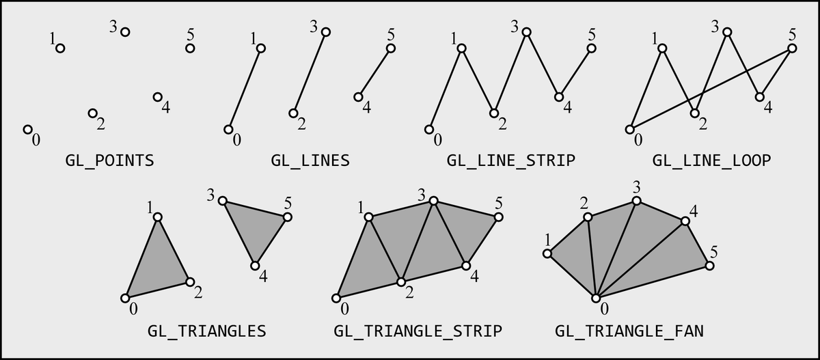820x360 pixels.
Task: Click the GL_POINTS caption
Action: (x=109, y=161)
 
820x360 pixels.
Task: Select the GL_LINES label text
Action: (x=310, y=161)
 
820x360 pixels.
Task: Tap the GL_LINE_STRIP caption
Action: (x=511, y=161)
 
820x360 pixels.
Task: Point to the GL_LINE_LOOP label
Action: (x=711, y=161)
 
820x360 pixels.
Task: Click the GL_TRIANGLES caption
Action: (x=206, y=331)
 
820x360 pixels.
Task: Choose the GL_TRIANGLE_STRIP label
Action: (x=418, y=331)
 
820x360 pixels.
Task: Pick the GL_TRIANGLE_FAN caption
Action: (x=629, y=331)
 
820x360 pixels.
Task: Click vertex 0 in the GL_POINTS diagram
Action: (x=28, y=129)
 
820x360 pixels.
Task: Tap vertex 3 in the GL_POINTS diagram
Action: (x=125, y=31)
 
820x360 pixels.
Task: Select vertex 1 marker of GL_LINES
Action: (x=260, y=48)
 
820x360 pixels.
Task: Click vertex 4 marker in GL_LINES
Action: (x=358, y=97)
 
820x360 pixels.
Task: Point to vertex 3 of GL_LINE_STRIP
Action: (x=526, y=31)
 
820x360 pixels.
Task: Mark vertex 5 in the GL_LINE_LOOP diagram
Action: (x=792, y=48)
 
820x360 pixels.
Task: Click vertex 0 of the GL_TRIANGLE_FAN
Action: (x=596, y=299)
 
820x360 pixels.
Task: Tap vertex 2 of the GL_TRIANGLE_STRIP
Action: (x=401, y=281)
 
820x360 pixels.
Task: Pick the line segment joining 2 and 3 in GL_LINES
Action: (x=310, y=72)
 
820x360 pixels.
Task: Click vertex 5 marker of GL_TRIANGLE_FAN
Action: (x=710, y=266)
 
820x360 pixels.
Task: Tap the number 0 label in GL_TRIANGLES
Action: (x=133, y=309)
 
